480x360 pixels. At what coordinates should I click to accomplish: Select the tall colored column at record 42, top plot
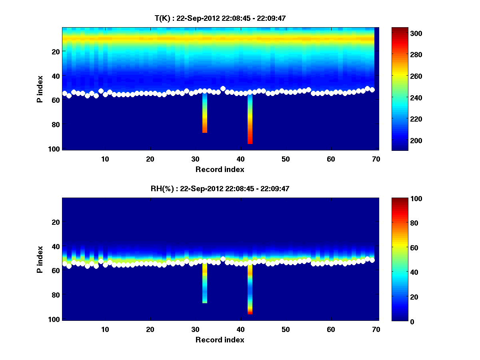(250, 120)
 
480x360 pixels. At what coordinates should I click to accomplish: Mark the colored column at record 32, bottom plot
(205, 284)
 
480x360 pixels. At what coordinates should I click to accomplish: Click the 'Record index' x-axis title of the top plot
(220, 169)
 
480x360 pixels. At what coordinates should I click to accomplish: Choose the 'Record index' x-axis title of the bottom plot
(220, 340)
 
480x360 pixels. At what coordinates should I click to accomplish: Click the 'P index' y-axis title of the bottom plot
(40, 259)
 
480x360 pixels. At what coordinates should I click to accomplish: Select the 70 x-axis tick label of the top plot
(376, 159)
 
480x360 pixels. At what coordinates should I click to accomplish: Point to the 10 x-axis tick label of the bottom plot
(105, 329)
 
